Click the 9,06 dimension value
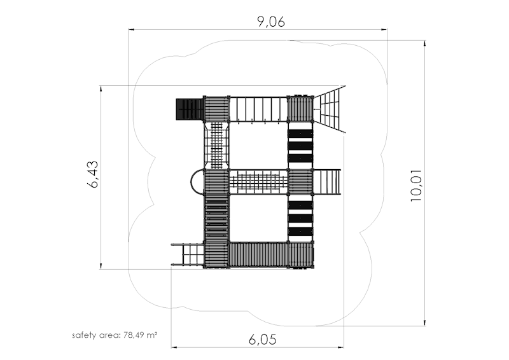tap(271, 22)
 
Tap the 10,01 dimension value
tap(416, 185)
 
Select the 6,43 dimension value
tap(93, 174)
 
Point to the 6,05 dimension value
tap(262, 340)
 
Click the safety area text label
tap(115, 335)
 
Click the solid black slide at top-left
tap(190, 109)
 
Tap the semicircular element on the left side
tap(197, 182)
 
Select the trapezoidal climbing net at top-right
tap(330, 109)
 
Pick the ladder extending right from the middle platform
tap(327, 182)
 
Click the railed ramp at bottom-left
tap(188, 255)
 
